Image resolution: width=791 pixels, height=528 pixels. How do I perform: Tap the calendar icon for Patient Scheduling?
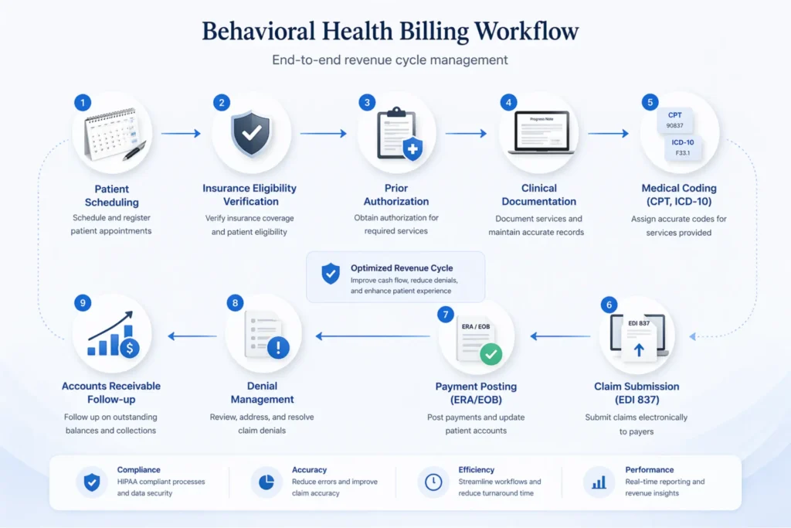tap(112, 133)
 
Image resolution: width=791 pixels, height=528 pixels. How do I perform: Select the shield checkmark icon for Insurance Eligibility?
tap(251, 133)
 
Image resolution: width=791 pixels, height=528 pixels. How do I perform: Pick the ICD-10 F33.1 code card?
tap(683, 147)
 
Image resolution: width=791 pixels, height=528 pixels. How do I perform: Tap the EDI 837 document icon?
tap(640, 338)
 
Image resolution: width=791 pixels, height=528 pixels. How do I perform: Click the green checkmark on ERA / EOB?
tap(491, 354)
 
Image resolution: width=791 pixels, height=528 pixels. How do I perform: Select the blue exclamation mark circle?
tap(277, 349)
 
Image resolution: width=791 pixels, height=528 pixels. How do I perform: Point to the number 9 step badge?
tap(83, 303)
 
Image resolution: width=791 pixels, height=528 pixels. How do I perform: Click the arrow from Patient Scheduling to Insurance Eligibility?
tap(181, 134)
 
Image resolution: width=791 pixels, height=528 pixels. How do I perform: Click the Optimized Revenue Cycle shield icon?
tap(331, 273)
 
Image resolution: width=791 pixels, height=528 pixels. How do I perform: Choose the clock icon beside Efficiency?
tap(433, 482)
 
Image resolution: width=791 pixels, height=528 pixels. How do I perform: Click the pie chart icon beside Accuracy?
tap(266, 482)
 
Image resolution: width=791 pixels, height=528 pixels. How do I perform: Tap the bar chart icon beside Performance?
tap(599, 482)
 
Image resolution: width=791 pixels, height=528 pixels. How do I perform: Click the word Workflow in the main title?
tap(526, 32)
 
